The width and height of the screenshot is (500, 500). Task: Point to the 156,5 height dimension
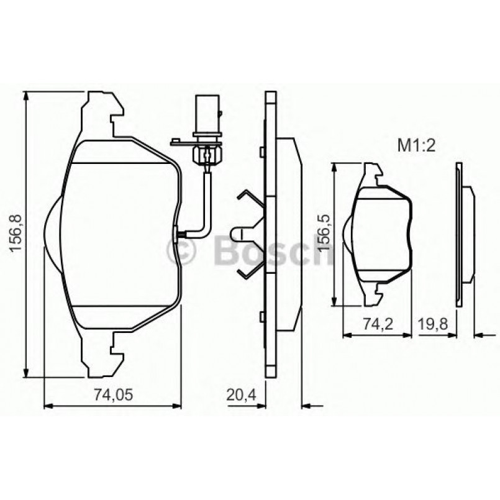point(323,234)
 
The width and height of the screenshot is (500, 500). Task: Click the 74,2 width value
point(377,322)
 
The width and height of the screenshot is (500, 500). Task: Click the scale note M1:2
point(414,146)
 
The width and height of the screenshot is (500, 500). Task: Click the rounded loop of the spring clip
point(237,234)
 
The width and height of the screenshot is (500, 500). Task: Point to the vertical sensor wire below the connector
point(207,199)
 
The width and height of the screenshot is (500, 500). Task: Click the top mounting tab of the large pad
point(102,109)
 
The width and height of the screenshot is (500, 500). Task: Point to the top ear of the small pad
point(372,173)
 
